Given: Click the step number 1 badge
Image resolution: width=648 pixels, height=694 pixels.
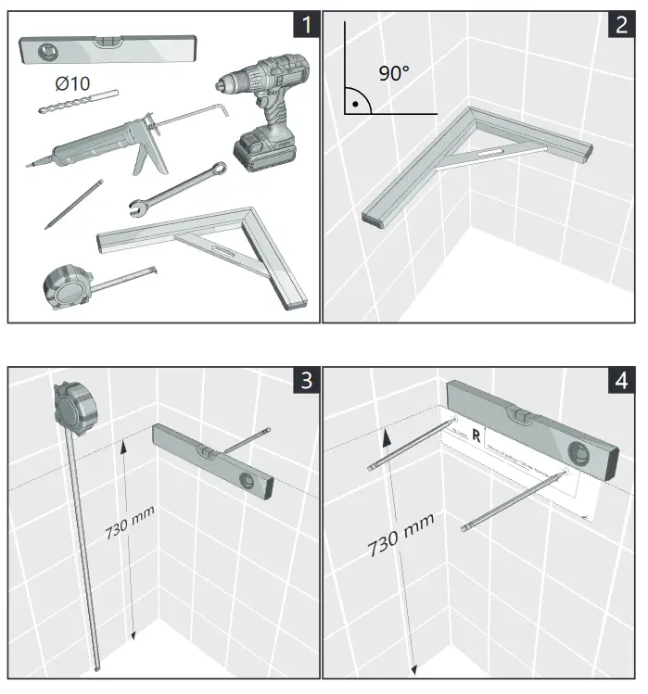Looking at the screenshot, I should point(302,25).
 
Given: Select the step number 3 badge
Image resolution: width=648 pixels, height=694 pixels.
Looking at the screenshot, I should point(302,381).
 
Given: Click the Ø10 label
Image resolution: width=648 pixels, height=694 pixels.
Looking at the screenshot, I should point(72,83).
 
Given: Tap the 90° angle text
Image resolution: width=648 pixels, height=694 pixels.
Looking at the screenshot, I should point(392,72).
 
